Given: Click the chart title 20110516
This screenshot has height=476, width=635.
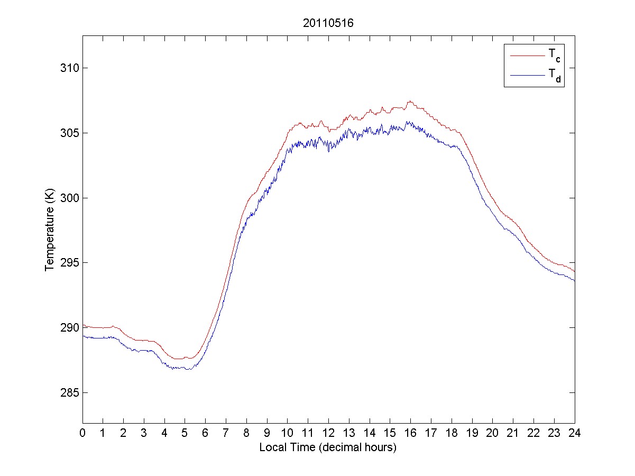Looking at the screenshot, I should (x=327, y=23).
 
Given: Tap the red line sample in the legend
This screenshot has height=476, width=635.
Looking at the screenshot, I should (x=527, y=54).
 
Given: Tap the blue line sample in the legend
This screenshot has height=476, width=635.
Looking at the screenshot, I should (x=527, y=76).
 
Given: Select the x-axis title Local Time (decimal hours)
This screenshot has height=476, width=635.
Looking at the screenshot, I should (x=328, y=447).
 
